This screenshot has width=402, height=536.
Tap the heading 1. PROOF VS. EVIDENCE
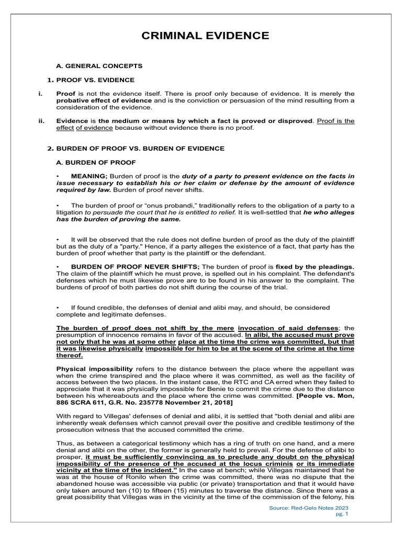(x=91, y=80)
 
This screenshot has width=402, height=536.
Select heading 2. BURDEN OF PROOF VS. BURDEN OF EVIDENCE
(x=136, y=149)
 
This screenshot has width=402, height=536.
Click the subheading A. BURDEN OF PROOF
(x=96, y=162)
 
